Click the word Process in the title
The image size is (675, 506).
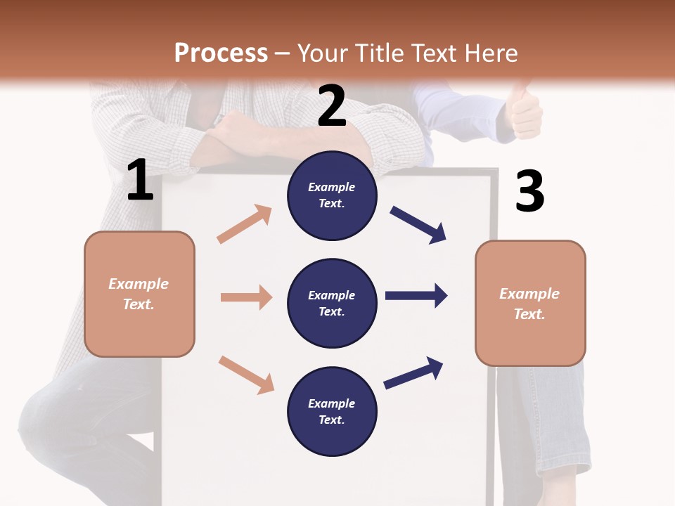(x=221, y=53)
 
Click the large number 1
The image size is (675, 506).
(x=140, y=181)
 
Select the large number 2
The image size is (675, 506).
(x=332, y=106)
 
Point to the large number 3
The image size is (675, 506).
(x=529, y=191)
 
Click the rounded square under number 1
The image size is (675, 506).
(x=139, y=294)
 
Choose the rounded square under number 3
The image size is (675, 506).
(x=530, y=303)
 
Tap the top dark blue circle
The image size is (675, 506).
(x=332, y=195)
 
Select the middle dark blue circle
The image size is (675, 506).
(x=332, y=303)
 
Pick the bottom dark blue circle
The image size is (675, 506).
(x=332, y=411)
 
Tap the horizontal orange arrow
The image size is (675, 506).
(x=246, y=297)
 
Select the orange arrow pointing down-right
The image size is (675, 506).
(x=246, y=375)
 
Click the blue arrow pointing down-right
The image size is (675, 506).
(x=418, y=225)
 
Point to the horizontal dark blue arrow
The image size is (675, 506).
(x=416, y=295)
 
